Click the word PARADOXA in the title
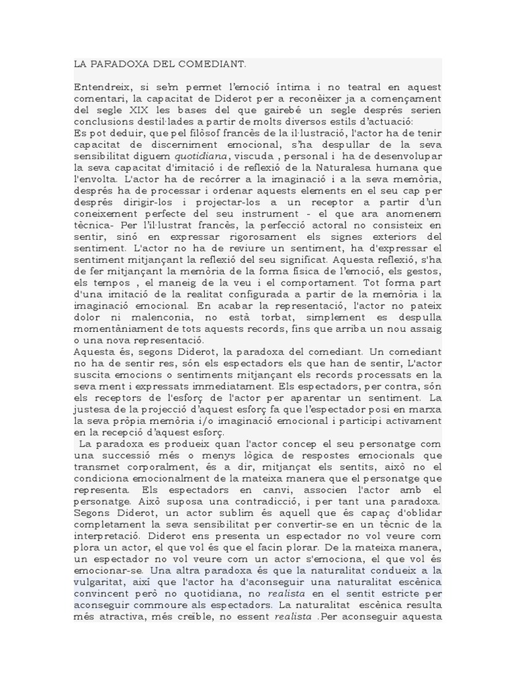click(119, 64)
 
